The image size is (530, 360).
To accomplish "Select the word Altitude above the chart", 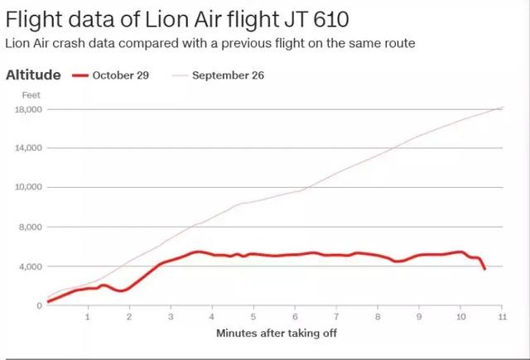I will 33,75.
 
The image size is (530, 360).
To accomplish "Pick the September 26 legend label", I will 229,76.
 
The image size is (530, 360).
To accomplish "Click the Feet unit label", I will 31,95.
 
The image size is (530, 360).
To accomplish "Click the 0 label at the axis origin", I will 38,305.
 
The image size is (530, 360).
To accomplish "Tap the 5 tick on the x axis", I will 253,317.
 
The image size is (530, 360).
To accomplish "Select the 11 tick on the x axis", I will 502,317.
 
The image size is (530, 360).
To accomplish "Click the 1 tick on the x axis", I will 88,317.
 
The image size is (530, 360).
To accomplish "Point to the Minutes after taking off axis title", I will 277,334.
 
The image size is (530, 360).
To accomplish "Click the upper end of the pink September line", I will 502,108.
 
